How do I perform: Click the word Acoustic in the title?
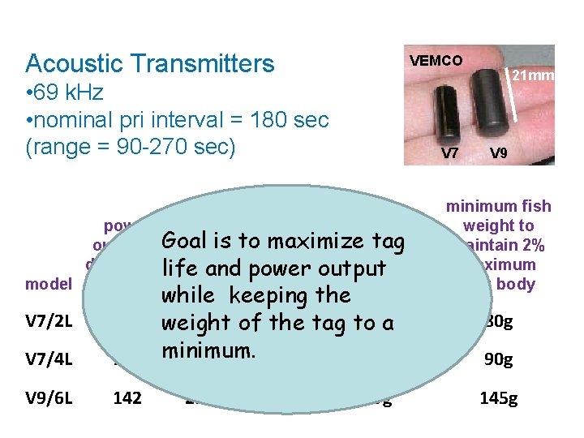click(73, 63)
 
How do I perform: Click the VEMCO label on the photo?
click(436, 60)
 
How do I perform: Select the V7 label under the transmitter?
click(448, 152)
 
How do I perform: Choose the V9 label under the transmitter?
click(498, 152)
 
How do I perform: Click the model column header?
click(46, 284)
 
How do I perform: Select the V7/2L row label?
click(47, 321)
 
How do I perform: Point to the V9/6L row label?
click(47, 398)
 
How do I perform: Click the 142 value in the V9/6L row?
click(127, 398)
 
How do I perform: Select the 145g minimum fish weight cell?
click(500, 398)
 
